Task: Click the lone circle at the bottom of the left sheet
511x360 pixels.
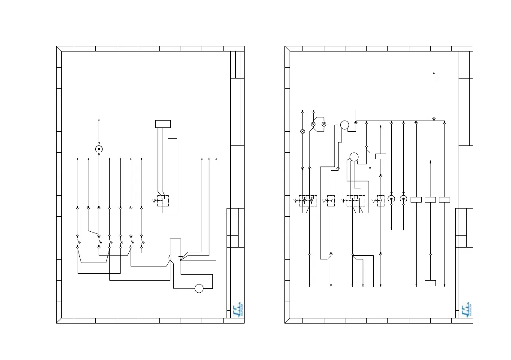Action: click(199, 288)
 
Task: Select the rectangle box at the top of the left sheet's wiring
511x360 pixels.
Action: click(163, 124)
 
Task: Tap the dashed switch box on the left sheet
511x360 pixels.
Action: click(163, 200)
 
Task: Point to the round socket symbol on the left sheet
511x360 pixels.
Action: click(99, 149)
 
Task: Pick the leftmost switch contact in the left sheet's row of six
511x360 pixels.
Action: click(78, 241)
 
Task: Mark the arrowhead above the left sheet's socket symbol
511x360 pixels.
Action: click(99, 119)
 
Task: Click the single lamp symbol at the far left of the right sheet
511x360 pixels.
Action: click(302, 131)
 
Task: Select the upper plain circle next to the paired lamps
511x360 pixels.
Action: click(344, 125)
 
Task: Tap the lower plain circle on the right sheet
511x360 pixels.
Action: click(353, 157)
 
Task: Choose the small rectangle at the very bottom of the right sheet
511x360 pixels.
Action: click(430, 283)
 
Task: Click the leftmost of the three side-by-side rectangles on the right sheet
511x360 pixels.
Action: click(417, 200)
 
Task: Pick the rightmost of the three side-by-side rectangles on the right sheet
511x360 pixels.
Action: click(444, 200)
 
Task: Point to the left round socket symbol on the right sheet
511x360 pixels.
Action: click(391, 199)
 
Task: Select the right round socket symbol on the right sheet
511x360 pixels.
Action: click(403, 199)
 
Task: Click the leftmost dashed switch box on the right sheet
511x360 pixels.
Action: click(308, 200)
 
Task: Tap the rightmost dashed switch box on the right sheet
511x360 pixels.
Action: click(380, 200)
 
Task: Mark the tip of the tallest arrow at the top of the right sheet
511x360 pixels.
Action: click(435, 73)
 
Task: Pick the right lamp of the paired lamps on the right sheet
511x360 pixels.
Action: click(324, 124)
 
